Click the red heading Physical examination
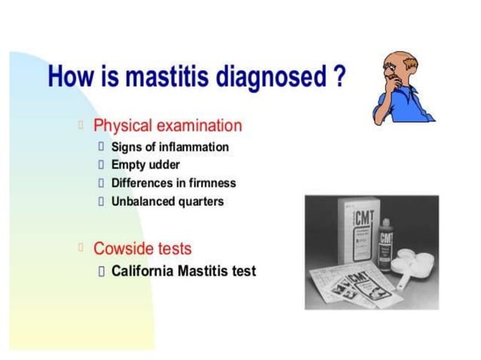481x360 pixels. click(167, 126)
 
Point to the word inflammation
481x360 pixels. click(192, 147)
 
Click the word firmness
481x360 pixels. click(210, 183)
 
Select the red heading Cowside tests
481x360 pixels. click(142, 248)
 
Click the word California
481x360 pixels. click(143, 270)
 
